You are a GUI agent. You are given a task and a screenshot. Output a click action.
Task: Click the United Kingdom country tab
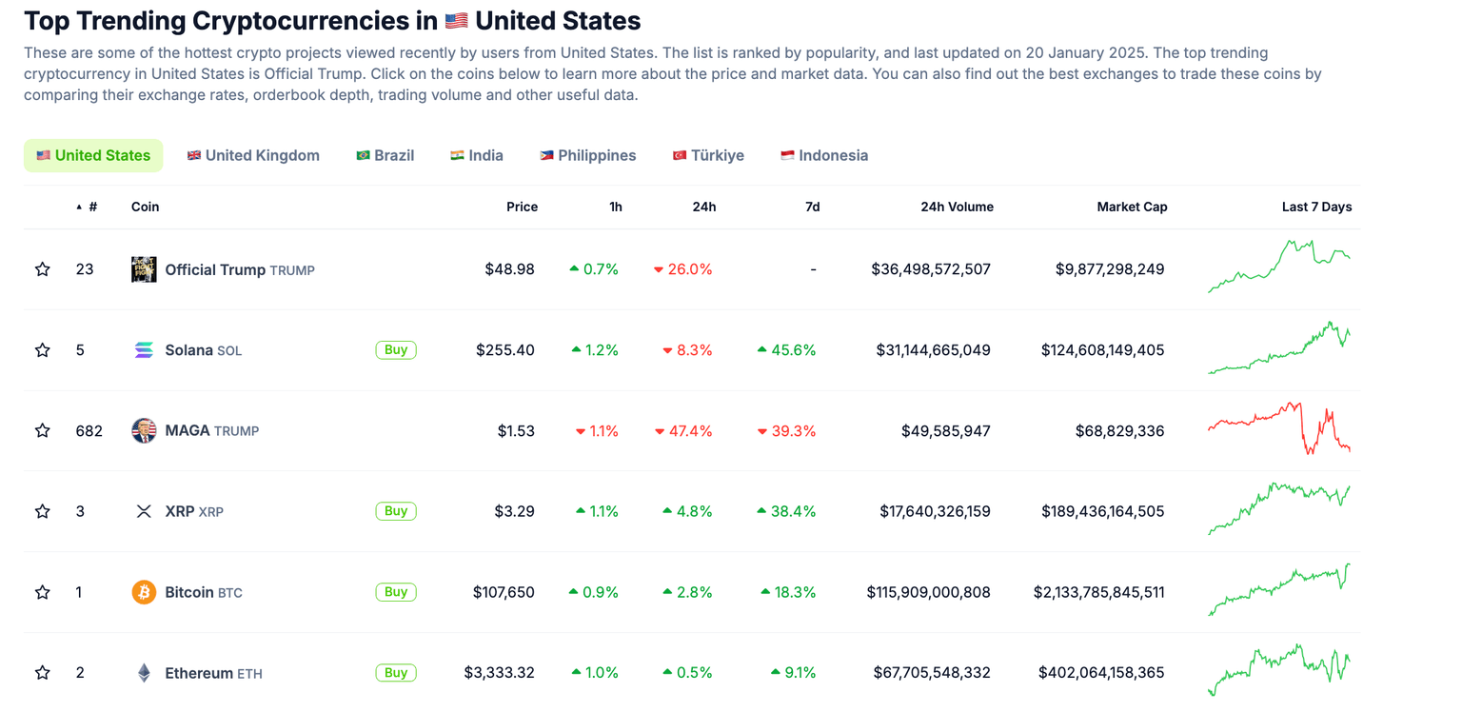coord(253,155)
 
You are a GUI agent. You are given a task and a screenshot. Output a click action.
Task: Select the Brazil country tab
coord(385,155)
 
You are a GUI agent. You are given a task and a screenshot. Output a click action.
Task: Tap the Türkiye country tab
coord(708,155)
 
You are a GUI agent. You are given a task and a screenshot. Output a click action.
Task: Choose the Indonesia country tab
coord(824,155)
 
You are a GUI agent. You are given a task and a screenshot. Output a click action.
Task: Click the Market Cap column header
coord(1132,207)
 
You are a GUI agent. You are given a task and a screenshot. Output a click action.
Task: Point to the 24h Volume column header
coord(957,207)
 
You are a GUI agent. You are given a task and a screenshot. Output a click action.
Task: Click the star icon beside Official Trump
coord(43,269)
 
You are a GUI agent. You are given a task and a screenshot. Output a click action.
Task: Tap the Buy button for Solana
coord(396,350)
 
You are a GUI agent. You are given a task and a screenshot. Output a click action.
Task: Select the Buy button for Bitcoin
coord(396,592)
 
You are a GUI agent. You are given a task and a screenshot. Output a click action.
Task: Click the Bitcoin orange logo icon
coord(144,592)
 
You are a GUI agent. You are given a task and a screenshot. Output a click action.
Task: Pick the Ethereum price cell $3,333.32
coord(499,673)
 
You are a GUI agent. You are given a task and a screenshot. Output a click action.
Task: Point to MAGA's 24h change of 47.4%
coord(683,431)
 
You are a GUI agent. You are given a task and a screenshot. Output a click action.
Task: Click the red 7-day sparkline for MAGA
coord(1279,428)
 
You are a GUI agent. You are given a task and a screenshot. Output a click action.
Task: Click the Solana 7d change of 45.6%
coord(787,350)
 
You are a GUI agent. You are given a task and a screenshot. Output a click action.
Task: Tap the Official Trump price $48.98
coord(509,269)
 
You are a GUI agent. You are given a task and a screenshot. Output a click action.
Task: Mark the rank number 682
coord(89,431)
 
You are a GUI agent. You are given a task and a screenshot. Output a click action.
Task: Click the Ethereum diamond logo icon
coord(144,673)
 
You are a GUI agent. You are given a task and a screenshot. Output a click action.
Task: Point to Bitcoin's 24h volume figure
coord(928,592)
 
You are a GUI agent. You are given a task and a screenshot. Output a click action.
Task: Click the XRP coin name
coord(180,511)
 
